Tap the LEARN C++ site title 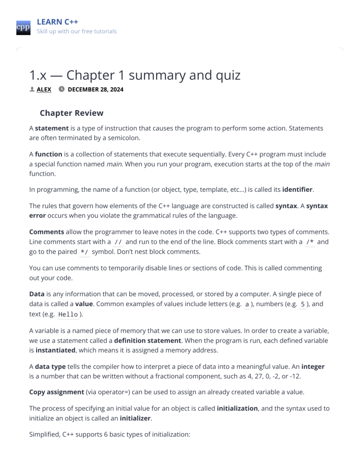57,22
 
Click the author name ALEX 44,89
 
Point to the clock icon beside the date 62,89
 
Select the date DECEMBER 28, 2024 96,89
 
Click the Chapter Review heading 71,113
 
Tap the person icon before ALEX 32,89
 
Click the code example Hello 68,314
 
